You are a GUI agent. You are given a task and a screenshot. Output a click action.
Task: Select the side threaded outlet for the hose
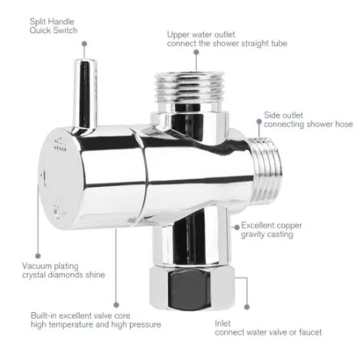[265, 170]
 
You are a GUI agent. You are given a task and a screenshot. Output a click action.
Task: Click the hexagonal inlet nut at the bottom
[192, 288]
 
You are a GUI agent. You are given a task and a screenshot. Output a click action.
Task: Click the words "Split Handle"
[52, 22]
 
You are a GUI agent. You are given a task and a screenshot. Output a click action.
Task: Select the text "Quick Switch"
[54, 30]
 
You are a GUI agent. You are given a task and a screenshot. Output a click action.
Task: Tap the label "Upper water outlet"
[201, 35]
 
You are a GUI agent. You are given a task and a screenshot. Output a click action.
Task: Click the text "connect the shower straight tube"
[227, 43]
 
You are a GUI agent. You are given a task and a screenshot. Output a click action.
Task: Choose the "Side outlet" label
[284, 115]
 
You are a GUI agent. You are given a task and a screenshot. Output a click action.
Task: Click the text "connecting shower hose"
[308, 124]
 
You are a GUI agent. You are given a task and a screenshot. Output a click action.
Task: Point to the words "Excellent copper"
[271, 225]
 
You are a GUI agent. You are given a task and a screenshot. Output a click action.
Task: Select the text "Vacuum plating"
[50, 266]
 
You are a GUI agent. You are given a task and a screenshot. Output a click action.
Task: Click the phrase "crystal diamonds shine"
[63, 275]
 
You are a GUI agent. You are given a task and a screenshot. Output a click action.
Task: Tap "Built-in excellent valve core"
[80, 315]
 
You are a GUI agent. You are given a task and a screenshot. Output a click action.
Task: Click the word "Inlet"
[223, 323]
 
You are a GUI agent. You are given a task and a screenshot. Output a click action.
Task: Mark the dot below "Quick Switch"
[84, 44]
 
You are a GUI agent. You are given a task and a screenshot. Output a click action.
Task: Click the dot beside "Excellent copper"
[237, 227]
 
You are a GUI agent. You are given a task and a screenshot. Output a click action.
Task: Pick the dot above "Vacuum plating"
[38, 256]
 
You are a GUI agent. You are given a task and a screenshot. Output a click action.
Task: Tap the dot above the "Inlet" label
[247, 307]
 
